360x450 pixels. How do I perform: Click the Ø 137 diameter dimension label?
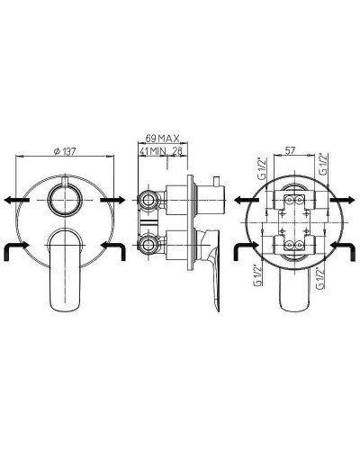point(65,151)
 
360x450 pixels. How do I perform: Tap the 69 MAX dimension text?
point(163,138)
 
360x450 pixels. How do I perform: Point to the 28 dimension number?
point(177,151)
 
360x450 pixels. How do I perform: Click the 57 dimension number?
point(290,150)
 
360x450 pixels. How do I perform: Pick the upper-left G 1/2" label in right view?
point(262,167)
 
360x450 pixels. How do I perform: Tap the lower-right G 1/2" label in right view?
point(320,277)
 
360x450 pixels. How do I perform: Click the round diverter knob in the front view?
point(65,200)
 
